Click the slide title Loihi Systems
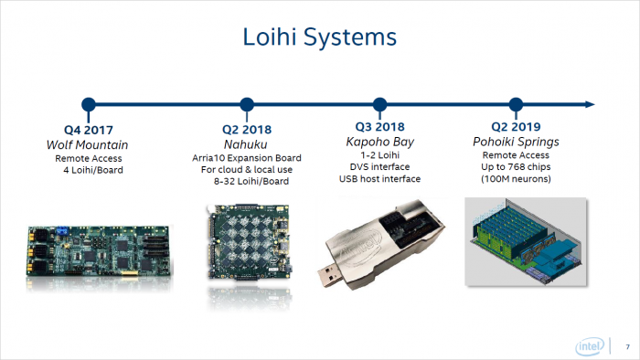[319, 37]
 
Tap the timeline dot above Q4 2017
[89, 104]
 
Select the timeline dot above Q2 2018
[245, 104]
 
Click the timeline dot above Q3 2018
[380, 104]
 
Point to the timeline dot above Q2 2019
[515, 104]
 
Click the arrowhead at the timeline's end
[591, 104]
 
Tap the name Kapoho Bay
[379, 143]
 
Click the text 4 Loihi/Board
[89, 171]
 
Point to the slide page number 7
[627, 345]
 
